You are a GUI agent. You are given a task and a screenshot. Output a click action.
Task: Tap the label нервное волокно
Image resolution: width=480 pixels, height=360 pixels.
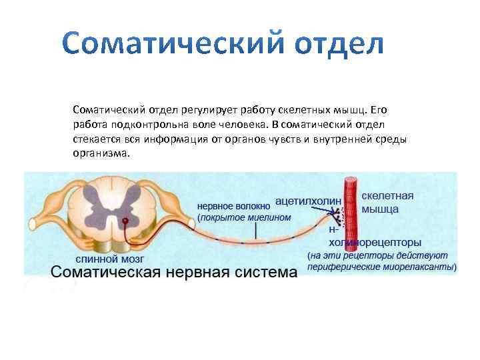(x=233, y=205)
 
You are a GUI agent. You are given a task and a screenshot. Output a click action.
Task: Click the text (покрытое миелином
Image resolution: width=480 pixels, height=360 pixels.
(x=245, y=217)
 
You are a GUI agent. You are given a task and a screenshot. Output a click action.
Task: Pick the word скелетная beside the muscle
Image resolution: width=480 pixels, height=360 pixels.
(x=387, y=196)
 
